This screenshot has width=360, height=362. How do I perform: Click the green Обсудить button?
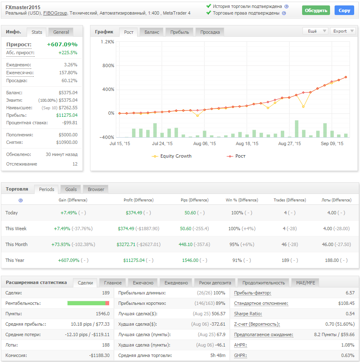pyautogui.click(x=315, y=10)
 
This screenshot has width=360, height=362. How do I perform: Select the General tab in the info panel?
pyautogui.click(x=61, y=32)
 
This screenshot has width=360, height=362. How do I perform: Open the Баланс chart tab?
pyautogui.click(x=152, y=32)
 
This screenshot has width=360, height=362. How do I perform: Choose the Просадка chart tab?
pyautogui.click(x=210, y=32)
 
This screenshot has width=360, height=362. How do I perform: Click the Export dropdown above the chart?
pyautogui.click(x=342, y=31)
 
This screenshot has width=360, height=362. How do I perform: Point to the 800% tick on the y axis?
pyautogui.click(x=108, y=65)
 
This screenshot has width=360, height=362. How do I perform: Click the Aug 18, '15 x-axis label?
pyautogui.click(x=247, y=143)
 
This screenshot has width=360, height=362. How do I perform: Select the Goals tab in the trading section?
pyautogui.click(x=71, y=189)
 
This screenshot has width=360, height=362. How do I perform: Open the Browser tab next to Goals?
pyautogui.click(x=96, y=189)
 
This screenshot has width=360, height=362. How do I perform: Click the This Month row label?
pyautogui.click(x=16, y=244)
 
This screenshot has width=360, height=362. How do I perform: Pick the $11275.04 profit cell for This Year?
pyautogui.click(x=134, y=260)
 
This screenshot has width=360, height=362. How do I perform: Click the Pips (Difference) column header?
pyautogui.click(x=195, y=200)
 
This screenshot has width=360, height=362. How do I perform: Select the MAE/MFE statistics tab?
pyautogui.click(x=305, y=283)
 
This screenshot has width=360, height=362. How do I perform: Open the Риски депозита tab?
pyautogui.click(x=215, y=283)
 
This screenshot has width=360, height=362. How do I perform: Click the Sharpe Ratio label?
pyautogui.click(x=248, y=314)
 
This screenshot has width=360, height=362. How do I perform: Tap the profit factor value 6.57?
pyautogui.click(x=350, y=293)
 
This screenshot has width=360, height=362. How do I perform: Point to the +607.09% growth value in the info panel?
pyautogui.click(x=62, y=44)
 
